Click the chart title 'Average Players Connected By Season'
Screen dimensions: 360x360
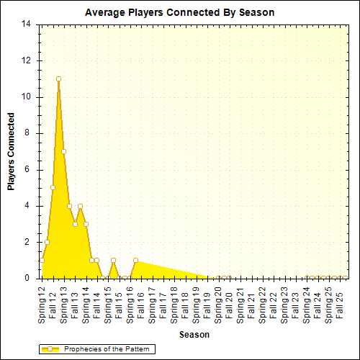click(179, 12)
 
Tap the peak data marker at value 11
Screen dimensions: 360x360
click(58, 78)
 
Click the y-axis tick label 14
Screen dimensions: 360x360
click(27, 24)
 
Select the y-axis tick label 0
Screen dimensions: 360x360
click(29, 278)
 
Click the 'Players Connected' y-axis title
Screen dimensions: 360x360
click(11, 151)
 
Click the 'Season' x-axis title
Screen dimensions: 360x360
click(194, 335)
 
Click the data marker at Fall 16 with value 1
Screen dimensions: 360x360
click(135, 260)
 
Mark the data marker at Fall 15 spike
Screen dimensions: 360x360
click(114, 260)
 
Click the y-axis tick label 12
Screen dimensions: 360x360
click(27, 60)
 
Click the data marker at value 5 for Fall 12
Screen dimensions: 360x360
click(53, 187)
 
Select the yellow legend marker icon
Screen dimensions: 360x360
click(50, 349)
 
